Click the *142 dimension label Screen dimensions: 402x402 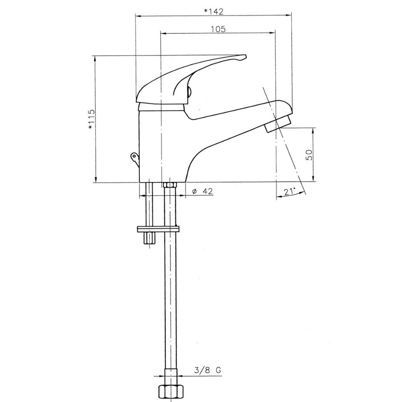(x=213, y=11)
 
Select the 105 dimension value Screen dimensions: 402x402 (x=218, y=29)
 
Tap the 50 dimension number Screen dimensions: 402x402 (x=310, y=155)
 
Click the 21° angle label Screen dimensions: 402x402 (x=289, y=191)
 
